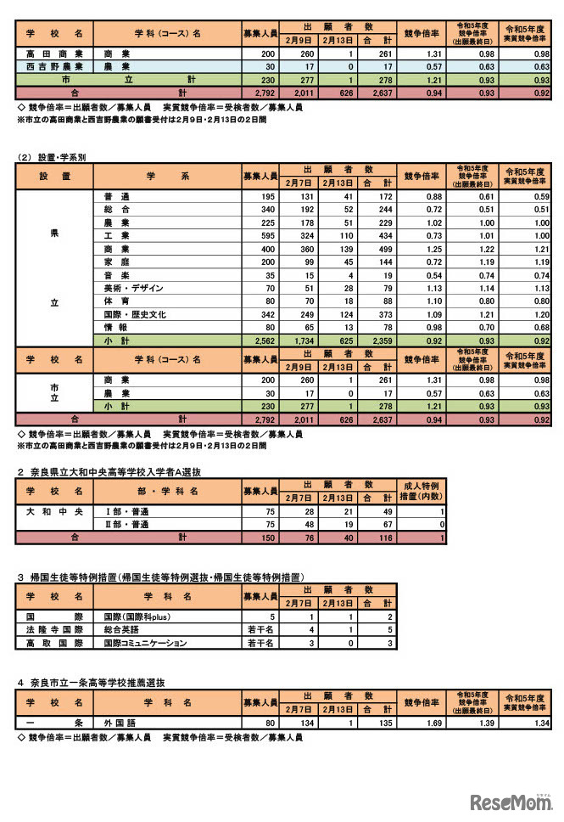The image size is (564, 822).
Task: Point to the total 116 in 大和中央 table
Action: coord(384,538)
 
